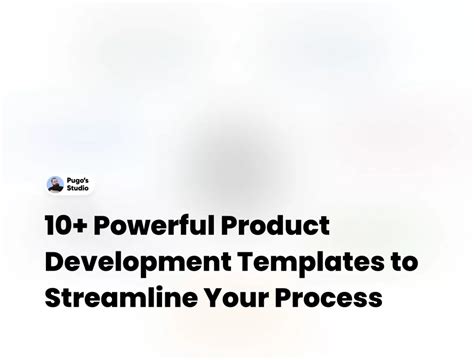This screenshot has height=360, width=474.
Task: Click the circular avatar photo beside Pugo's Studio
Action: tap(56, 184)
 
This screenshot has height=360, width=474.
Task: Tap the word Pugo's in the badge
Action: tap(79, 180)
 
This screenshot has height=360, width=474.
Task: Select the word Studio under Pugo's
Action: tap(79, 189)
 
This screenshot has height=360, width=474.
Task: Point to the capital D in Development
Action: tap(54, 261)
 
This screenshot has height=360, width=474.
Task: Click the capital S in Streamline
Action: tap(53, 297)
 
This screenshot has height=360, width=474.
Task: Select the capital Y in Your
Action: tap(210, 297)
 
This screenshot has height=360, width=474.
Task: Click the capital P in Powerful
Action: tap(107, 226)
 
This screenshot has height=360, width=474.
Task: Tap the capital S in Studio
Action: tap(69, 189)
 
